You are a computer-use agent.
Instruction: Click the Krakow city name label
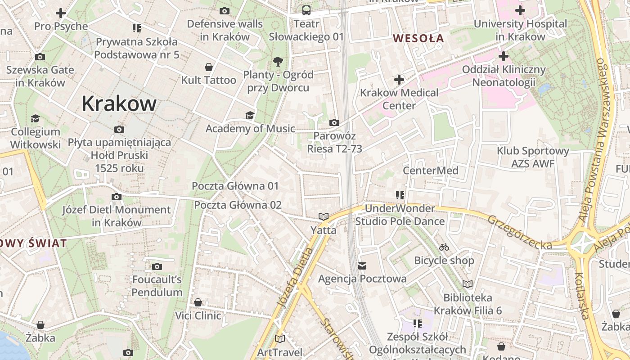point(119,104)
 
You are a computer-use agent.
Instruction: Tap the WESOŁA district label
point(418,38)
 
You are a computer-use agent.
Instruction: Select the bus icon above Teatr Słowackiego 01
point(306,10)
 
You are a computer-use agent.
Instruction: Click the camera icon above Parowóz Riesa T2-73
point(334,122)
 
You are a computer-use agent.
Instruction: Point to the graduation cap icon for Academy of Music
point(250,116)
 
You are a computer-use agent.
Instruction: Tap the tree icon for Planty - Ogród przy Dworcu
point(278,61)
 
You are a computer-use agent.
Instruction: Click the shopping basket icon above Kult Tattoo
point(209,67)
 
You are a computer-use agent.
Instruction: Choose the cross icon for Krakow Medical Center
point(399,80)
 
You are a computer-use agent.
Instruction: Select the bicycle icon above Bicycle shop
point(444,247)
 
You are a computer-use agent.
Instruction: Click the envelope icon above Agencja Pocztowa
point(362,266)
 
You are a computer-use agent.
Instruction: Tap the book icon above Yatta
point(323,217)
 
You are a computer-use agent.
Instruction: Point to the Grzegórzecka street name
point(519,232)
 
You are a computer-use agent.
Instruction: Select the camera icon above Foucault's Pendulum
point(157,267)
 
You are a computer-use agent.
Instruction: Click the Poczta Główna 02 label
point(238,205)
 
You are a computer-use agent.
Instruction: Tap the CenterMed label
point(430,171)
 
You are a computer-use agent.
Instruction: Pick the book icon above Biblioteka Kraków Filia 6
point(468,284)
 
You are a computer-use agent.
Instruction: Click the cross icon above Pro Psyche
point(61,13)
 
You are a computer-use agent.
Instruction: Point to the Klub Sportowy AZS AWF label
point(533,157)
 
